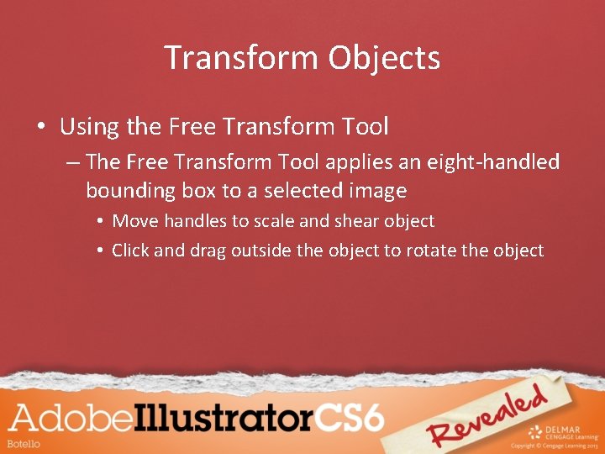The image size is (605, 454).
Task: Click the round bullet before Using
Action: click(40, 129)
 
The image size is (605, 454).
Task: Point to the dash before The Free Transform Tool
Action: click(71, 162)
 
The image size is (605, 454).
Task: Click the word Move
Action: click(134, 221)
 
